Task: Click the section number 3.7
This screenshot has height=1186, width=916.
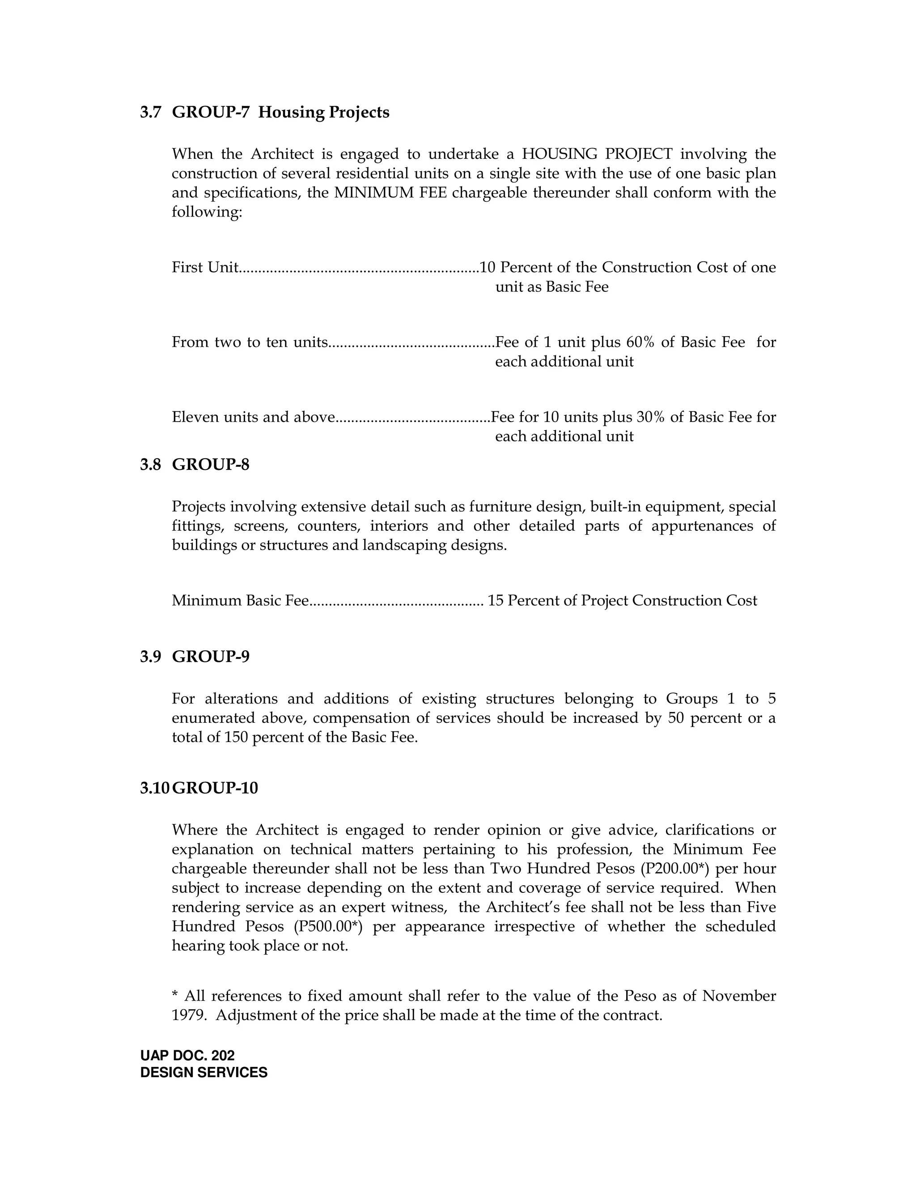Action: tap(150, 112)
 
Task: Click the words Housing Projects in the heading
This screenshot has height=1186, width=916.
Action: tap(323, 112)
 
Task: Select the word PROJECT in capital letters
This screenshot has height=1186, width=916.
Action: tap(638, 154)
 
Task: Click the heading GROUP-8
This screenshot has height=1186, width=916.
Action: tap(211, 465)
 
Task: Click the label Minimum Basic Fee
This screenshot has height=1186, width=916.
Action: tap(240, 601)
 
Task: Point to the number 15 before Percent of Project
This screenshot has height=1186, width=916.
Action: tap(496, 601)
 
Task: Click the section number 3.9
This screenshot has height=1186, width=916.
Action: tap(150, 657)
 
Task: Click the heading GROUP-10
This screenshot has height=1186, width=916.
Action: tap(215, 788)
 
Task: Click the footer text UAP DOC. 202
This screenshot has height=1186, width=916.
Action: tap(187, 1056)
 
